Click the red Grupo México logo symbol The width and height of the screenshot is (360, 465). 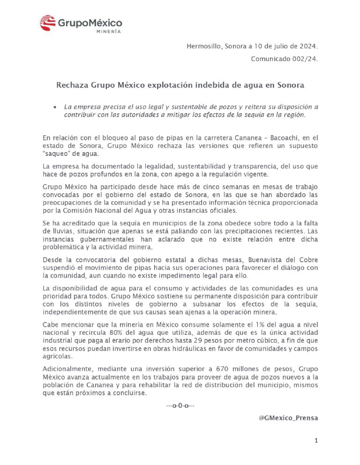pyautogui.click(x=48, y=23)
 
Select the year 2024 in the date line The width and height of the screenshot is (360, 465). pyautogui.click(x=307, y=46)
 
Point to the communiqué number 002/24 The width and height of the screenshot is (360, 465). pyautogui.click(x=303, y=59)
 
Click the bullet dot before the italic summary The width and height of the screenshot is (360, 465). pyautogui.click(x=55, y=107)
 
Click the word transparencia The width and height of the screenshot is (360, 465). pyautogui.click(x=242, y=166)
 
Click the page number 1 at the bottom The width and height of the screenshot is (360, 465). pyautogui.click(x=316, y=441)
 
